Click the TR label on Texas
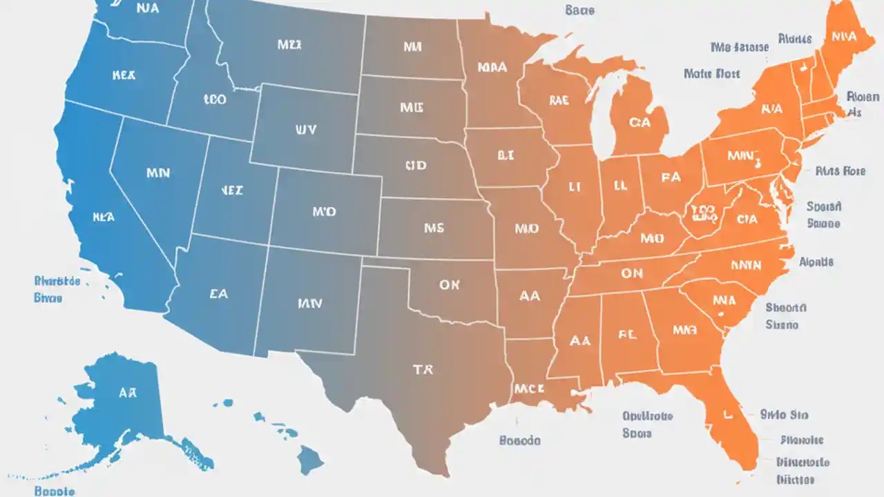423,370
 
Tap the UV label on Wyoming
305,129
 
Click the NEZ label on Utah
231,191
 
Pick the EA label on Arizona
218,293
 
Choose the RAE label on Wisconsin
559,101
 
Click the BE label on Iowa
506,156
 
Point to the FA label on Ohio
670,177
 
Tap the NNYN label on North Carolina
745,264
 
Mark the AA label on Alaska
128,393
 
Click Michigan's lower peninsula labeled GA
640,122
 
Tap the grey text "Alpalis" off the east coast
816,262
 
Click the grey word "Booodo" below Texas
519,440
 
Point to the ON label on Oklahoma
449,284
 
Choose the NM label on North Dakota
412,47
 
